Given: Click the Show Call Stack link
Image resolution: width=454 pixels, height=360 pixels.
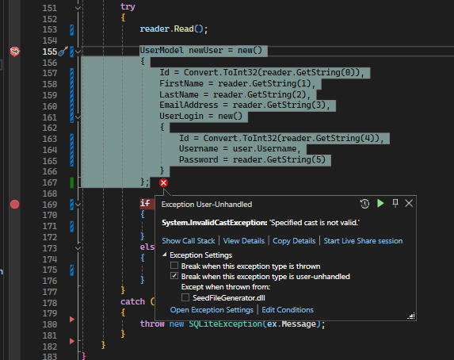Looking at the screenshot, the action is click(189, 241).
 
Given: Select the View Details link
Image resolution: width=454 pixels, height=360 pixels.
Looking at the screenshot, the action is click(243, 241).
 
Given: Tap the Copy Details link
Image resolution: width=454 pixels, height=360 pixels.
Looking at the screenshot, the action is click(294, 241).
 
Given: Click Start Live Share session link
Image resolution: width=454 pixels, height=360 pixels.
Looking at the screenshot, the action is click(363, 241).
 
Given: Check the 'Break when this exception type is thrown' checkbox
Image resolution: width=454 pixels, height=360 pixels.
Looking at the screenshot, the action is click(174, 266).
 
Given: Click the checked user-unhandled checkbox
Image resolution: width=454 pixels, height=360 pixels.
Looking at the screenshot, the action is click(174, 276).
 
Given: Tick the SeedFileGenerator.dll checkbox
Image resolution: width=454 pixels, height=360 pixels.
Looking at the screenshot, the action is click(185, 297).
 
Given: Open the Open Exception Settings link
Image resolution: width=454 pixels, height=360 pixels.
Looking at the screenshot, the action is click(212, 310).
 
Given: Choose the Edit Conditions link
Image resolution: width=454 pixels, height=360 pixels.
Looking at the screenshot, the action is click(288, 310).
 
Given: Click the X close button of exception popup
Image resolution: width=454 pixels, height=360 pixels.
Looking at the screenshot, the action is click(409, 204).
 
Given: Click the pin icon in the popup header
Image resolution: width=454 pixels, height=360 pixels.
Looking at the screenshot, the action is click(395, 203).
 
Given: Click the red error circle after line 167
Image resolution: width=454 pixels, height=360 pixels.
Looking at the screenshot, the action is click(163, 183).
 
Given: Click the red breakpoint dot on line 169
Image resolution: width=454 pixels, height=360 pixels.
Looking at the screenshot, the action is click(15, 205).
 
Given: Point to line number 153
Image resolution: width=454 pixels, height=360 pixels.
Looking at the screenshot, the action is click(50, 29).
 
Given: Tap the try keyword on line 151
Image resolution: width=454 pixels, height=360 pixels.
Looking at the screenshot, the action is click(128, 7).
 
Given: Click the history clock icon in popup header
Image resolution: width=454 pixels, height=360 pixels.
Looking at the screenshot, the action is click(364, 204).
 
